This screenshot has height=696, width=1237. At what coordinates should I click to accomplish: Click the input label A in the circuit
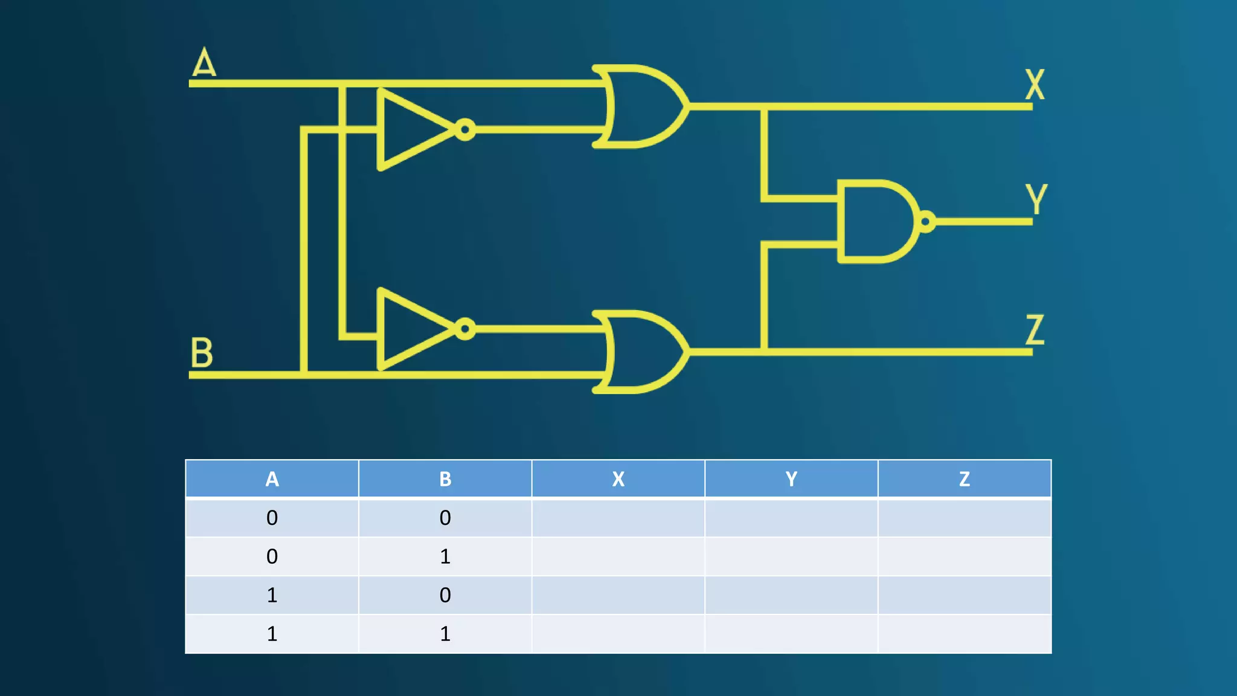click(204, 62)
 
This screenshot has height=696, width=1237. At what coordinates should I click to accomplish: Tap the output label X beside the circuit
click(1035, 85)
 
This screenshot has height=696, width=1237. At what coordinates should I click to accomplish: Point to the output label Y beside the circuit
click(1036, 199)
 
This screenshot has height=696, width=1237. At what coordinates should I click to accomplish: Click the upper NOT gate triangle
click(411, 130)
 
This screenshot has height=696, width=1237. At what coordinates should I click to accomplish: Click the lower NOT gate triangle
click(411, 329)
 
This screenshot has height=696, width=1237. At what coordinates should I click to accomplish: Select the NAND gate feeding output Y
click(876, 222)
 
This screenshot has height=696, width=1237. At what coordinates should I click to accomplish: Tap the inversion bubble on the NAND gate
click(926, 222)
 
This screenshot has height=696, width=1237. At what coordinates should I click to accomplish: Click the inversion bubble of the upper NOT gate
click(465, 130)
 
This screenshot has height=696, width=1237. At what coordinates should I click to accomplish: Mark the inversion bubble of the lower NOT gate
click(465, 329)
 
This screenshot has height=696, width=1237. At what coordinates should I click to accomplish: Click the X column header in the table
click(618, 479)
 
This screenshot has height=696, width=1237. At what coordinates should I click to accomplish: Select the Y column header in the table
click(791, 479)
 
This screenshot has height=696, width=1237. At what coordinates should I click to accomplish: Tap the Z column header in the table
click(965, 479)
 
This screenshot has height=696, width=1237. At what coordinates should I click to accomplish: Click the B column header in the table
click(445, 479)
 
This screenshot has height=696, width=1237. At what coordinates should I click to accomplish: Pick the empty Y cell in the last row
click(791, 634)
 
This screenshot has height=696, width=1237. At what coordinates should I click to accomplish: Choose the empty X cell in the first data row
click(618, 518)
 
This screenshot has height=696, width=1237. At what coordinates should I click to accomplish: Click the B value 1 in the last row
click(445, 634)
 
